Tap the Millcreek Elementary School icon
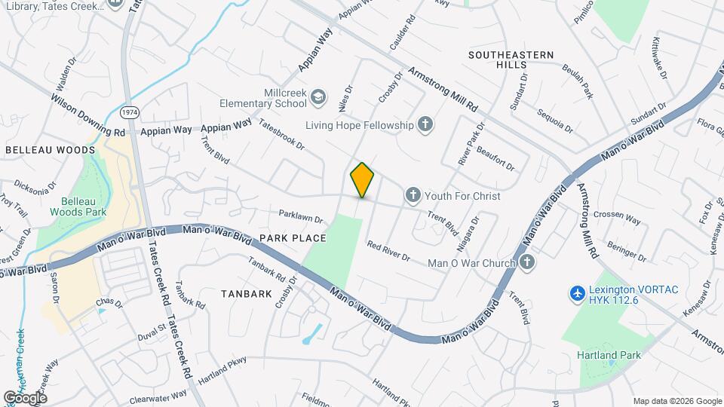[319, 96]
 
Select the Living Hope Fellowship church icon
[425, 124]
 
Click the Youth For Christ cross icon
[413, 196]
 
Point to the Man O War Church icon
[526, 263]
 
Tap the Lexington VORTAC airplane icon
[577, 292]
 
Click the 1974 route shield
[130, 112]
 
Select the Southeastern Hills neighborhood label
[511, 60]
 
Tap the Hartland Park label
[608, 355]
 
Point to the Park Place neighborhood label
[293, 238]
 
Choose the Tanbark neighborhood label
[247, 294]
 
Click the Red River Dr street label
[388, 251]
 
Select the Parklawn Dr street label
[300, 216]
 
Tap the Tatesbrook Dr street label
[281, 133]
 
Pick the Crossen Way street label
[616, 217]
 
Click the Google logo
[25, 397]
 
